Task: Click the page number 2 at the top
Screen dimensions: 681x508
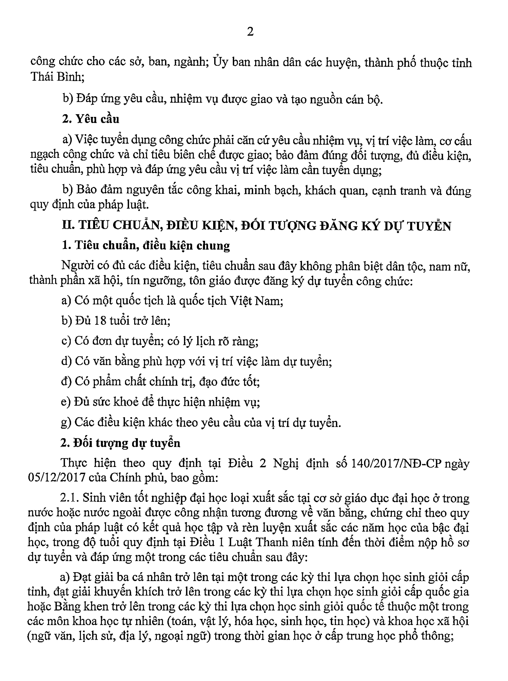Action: pos(250,32)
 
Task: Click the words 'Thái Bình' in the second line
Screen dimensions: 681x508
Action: pos(57,77)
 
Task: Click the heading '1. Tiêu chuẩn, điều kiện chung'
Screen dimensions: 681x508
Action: pos(146,245)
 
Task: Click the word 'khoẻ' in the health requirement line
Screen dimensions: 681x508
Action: pos(125,402)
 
